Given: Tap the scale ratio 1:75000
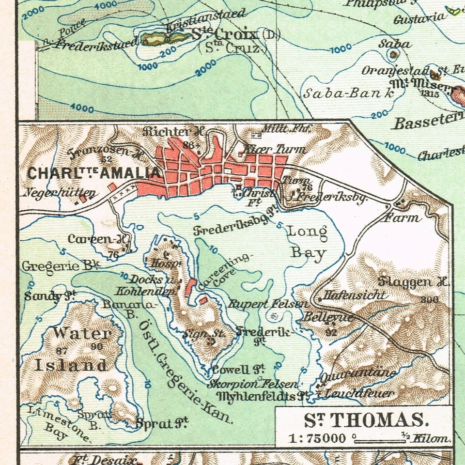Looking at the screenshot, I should [x=317, y=439].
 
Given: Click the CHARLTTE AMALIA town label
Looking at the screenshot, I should [x=93, y=173].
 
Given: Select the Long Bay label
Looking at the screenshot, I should [x=308, y=242].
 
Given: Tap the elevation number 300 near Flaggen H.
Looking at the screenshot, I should [x=429, y=300].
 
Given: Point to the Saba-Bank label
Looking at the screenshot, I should [x=349, y=93].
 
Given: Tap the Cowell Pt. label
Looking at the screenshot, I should [x=237, y=370].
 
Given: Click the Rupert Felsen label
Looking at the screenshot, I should [x=267, y=304].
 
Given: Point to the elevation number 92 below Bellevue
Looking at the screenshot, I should [x=331, y=332].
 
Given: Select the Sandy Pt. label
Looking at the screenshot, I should [x=50, y=296].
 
